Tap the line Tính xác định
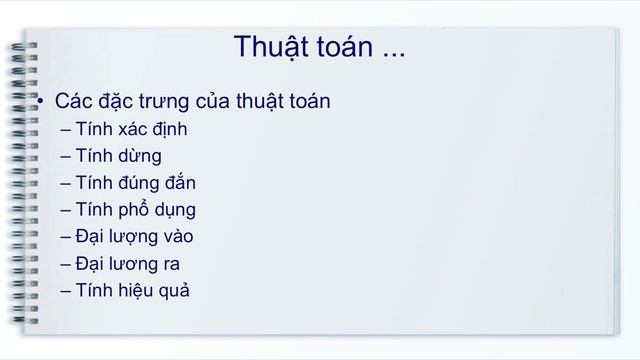click(130, 129)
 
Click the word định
click(164, 129)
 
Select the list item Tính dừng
click(117, 156)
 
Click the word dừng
click(139, 156)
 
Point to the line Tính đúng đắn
click(135, 183)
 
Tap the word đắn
click(176, 183)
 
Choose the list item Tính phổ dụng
click(134, 210)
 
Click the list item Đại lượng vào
click(133, 237)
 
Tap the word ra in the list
click(170, 264)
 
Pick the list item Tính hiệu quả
click(131, 291)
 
